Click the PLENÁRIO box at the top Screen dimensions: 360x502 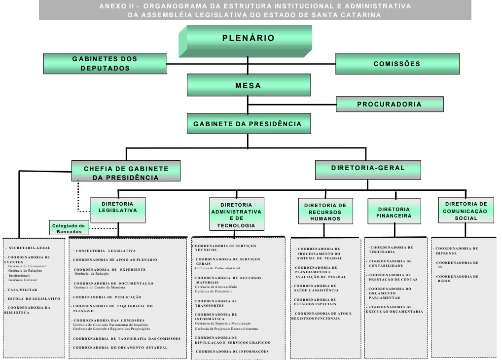click(x=248, y=38)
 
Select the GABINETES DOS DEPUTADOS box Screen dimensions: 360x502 click(x=105, y=64)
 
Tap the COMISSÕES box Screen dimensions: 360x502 click(x=397, y=64)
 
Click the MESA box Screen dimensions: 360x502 click(x=249, y=85)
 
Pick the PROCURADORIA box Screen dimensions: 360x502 click(x=390, y=104)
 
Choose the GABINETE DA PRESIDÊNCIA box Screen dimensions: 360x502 click(x=249, y=124)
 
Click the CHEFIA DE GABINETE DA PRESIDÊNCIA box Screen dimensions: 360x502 click(x=126, y=173)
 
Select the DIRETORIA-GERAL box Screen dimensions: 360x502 click(x=368, y=168)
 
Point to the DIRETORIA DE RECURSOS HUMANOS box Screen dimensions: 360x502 click(x=325, y=212)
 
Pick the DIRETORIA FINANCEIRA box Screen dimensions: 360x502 click(x=394, y=212)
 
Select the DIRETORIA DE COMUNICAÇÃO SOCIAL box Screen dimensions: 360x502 click(x=466, y=211)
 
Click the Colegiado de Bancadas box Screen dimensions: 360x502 click(x=69, y=228)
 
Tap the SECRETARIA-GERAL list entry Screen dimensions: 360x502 click(x=29, y=248)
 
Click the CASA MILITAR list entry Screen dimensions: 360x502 click(x=23, y=290)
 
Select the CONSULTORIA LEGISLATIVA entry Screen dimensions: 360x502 click(x=106, y=251)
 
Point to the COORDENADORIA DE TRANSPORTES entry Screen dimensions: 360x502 click(x=215, y=303)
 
